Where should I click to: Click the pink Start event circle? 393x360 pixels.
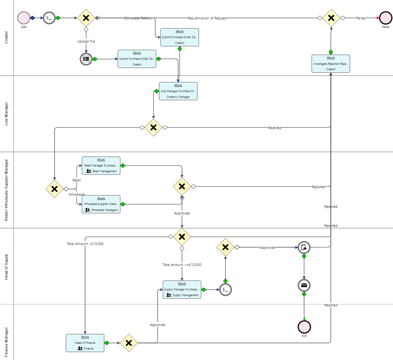pos(24,18)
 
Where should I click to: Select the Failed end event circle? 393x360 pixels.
pos(385,18)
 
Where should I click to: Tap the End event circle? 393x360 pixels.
pos(304,327)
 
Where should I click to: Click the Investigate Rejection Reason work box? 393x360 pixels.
pos(331,64)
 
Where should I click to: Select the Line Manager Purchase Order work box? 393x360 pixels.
pos(178,91)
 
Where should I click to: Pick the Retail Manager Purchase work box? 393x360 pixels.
pos(101,166)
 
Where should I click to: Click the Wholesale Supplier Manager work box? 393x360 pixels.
pos(101,204)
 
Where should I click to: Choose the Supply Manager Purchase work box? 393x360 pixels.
pos(182,289)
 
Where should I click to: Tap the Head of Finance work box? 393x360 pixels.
pos(85,343)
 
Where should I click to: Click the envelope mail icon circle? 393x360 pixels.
pos(304,285)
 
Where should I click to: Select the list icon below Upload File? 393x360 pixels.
pos(86,59)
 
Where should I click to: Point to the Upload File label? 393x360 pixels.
pos(86,41)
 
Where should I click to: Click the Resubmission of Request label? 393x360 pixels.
pos(207,18)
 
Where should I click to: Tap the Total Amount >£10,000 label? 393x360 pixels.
pos(85,244)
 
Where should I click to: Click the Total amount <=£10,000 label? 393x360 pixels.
pos(182,265)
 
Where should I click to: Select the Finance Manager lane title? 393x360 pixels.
pos(6,342)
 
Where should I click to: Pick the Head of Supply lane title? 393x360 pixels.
pos(6,267)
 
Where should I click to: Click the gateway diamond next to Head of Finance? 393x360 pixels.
pos(129,343)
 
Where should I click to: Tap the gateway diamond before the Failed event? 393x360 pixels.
pos(331,18)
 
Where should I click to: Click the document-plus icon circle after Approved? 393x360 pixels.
pos(304,247)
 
